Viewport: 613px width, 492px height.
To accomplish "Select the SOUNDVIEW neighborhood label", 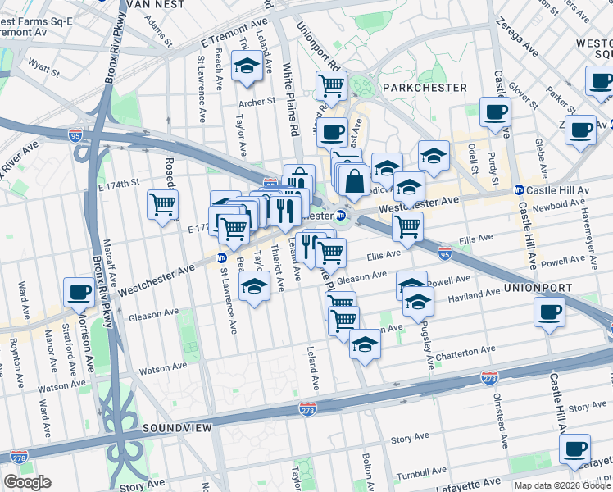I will point(179,428).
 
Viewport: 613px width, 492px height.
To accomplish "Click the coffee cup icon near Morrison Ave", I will point(80,291).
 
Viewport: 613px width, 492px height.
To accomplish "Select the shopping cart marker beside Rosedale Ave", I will point(162,203).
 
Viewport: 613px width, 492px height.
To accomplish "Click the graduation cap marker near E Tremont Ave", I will point(245,65).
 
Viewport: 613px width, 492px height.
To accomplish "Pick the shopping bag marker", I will point(355,181).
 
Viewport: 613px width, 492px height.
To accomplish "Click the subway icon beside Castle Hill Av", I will point(519,190).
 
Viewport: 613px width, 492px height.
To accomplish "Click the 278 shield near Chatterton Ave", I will point(490,376).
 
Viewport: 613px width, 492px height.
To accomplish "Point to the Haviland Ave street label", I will point(475,292).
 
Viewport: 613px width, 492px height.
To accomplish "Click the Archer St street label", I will point(257,102).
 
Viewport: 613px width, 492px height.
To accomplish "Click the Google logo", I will point(27,482).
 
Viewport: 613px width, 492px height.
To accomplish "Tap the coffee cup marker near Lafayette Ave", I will point(574,449).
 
